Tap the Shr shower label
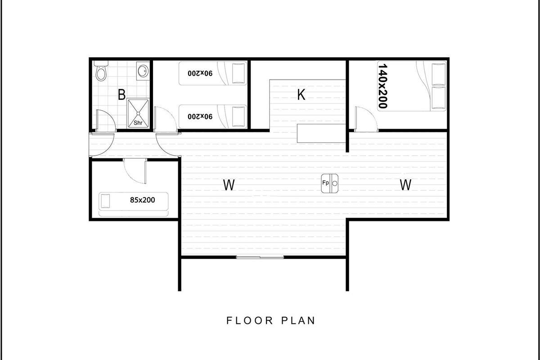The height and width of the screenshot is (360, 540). (138, 123)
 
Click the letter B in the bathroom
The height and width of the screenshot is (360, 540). (122, 94)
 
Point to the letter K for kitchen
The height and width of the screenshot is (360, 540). (301, 94)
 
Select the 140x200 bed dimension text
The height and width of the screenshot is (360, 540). (383, 86)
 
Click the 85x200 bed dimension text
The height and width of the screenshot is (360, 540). (143, 200)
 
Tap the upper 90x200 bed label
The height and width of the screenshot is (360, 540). (200, 73)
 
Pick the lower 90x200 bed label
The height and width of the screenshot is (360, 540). (200, 117)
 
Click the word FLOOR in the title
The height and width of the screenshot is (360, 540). (250, 320)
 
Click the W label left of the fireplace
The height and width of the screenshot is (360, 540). (229, 185)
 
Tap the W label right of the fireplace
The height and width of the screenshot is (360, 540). (405, 185)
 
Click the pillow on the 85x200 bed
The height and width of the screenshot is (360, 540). (105, 201)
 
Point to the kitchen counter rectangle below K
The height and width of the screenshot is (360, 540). (321, 133)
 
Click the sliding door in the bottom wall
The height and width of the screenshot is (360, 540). (260, 257)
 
